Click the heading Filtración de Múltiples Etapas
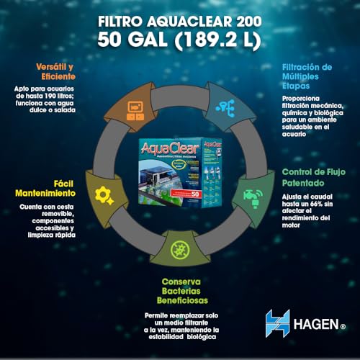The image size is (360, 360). click(x=307, y=73)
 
